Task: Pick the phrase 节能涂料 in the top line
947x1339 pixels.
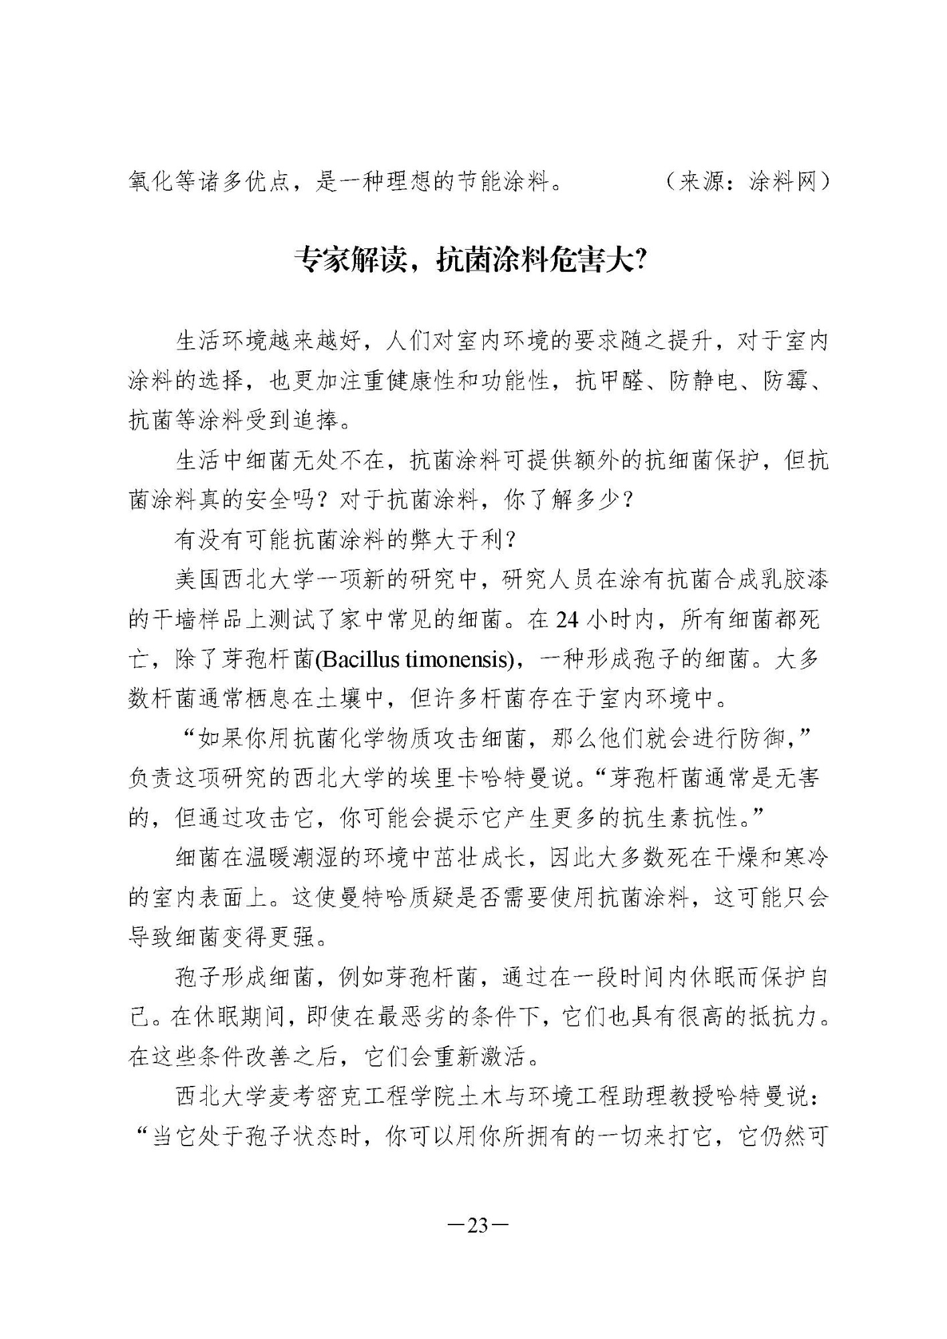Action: [502, 181]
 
